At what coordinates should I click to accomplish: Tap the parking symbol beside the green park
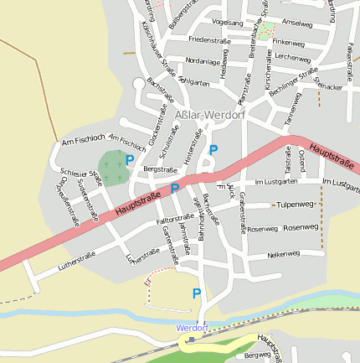point(129,159)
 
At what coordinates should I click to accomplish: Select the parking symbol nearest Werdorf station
point(197,293)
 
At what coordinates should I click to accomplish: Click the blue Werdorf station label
point(191,328)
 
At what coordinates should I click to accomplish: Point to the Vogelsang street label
point(228,22)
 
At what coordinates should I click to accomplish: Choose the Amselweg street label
point(297,23)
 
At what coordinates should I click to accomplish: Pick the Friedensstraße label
point(209,39)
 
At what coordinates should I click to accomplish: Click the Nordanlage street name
point(203,61)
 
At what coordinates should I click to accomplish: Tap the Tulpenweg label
point(295,204)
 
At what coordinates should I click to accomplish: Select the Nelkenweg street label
point(284,253)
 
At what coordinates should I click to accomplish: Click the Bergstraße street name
point(161,169)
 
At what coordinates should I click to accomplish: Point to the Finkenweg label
point(288,41)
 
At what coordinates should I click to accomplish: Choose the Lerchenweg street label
point(292,57)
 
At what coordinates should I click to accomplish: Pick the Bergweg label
point(257,355)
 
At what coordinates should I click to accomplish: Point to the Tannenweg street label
point(292,109)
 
